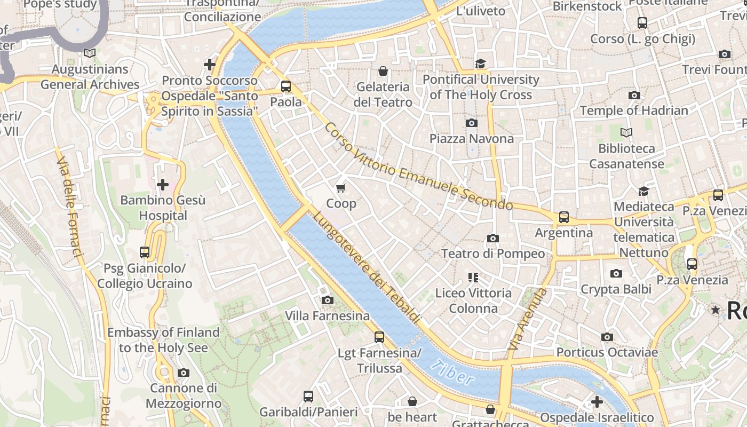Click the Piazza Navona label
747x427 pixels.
472,139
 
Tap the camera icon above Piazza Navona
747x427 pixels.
472,123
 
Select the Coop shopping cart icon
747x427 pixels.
341,188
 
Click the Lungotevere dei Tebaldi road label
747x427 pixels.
366,267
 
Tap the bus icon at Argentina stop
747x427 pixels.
564,217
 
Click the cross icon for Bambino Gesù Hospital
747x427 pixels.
162,185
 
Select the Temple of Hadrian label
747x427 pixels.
634,110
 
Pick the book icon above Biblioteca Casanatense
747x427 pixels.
626,132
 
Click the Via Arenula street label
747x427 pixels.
528,319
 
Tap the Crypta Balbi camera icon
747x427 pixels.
616,274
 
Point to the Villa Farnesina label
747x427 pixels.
327,316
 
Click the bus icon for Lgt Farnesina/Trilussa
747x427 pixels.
379,337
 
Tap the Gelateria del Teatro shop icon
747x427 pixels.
383,71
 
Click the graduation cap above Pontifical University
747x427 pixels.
481,64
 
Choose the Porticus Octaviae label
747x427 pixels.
607,352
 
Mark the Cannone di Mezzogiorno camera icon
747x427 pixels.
184,373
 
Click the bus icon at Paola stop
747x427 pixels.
286,86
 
